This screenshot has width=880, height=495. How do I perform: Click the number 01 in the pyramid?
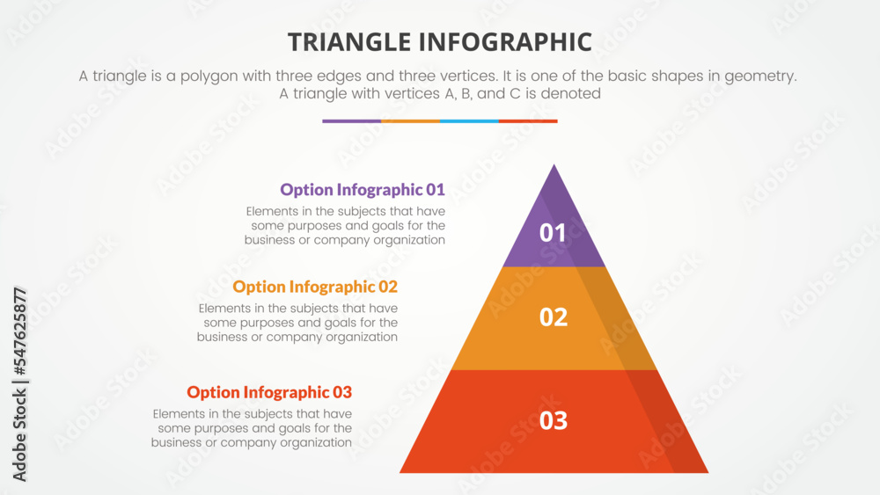553,233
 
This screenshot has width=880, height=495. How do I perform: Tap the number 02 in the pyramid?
553,317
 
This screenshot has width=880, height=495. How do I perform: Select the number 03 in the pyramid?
553,420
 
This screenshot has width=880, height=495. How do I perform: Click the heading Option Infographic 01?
362,189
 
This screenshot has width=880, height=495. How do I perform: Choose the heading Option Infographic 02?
315,287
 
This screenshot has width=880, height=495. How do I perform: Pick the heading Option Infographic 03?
269,392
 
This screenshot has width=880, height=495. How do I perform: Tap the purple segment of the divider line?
351,121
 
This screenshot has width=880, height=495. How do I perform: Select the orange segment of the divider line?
410,121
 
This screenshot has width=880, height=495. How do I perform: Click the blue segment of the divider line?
469,121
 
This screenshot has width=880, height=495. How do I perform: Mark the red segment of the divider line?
528,121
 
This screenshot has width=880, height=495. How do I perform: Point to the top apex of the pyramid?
554,166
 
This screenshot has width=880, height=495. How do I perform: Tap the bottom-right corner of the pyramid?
707,471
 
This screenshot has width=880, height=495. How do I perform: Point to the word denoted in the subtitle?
572,93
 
